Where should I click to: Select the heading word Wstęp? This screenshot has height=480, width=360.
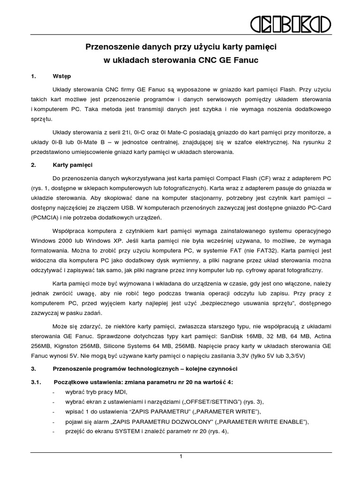[x=62, y=76]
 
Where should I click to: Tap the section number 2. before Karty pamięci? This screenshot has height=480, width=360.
[x=33, y=165]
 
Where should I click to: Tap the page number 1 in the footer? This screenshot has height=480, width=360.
[x=180, y=457]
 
